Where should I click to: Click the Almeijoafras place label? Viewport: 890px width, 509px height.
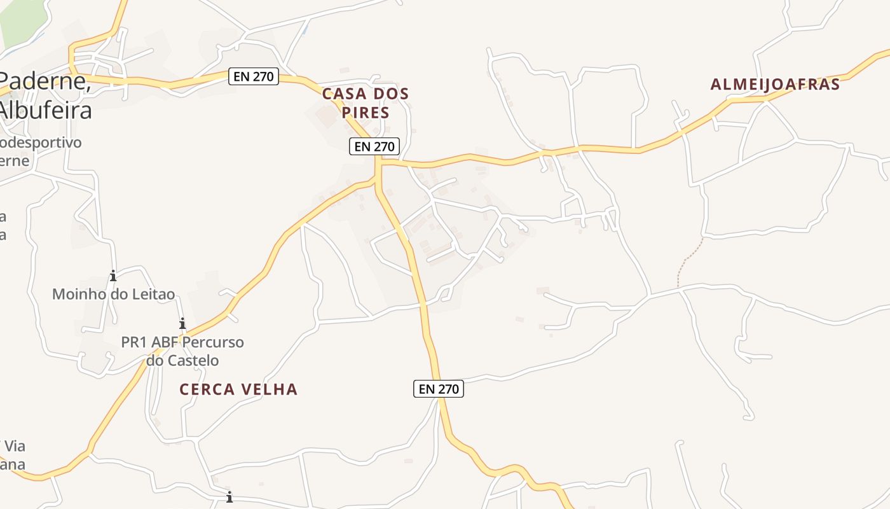[775, 84]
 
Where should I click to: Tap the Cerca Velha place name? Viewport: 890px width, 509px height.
[238, 389]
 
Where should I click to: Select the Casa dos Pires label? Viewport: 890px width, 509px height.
[365, 102]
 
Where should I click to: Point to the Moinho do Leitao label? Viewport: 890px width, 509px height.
[113, 294]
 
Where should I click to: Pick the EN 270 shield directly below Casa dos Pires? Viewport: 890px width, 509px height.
[374, 146]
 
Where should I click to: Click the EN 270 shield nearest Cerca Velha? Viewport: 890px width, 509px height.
[439, 389]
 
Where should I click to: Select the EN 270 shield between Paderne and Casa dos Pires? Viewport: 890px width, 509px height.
[253, 77]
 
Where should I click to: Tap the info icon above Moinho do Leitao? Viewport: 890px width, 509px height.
[113, 275]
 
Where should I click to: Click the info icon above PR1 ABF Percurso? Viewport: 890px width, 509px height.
[182, 323]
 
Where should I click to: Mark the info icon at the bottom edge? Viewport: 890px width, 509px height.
[229, 497]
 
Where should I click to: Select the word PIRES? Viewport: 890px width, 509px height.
[365, 113]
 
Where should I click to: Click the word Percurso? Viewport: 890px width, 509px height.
[213, 342]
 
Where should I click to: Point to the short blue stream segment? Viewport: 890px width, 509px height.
[305, 28]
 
